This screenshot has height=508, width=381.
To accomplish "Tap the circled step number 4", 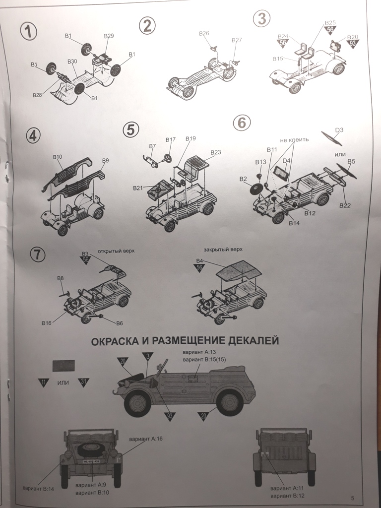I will pos(33,135).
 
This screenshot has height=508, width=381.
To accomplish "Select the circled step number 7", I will pos(38,254).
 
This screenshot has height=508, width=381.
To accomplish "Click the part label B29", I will pos(109,36).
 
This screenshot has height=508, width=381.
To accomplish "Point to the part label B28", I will pos(37,94).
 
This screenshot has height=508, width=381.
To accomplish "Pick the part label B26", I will pos(203,33).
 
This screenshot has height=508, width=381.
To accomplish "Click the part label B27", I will pos(237,40).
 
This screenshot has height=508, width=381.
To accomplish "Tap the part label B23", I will pos(215,152).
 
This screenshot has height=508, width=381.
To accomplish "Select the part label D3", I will pos(339,130).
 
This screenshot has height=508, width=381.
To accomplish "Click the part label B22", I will pos(345,205).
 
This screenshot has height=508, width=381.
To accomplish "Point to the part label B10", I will pos(58,157).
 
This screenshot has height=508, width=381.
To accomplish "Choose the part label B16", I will pos(46,322).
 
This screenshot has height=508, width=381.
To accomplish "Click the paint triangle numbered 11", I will pos(44,382).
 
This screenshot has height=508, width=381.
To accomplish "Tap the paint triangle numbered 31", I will pos(83,382).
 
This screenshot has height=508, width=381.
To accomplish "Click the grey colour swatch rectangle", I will pos(63,366).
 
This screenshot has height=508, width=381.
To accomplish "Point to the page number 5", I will pos(352,498).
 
